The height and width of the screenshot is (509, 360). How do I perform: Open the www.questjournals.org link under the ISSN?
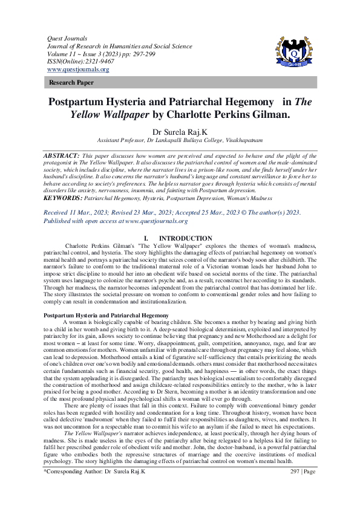78,69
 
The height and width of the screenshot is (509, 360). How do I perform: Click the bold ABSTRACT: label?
62,156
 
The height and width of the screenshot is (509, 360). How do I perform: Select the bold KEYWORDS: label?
64,197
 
